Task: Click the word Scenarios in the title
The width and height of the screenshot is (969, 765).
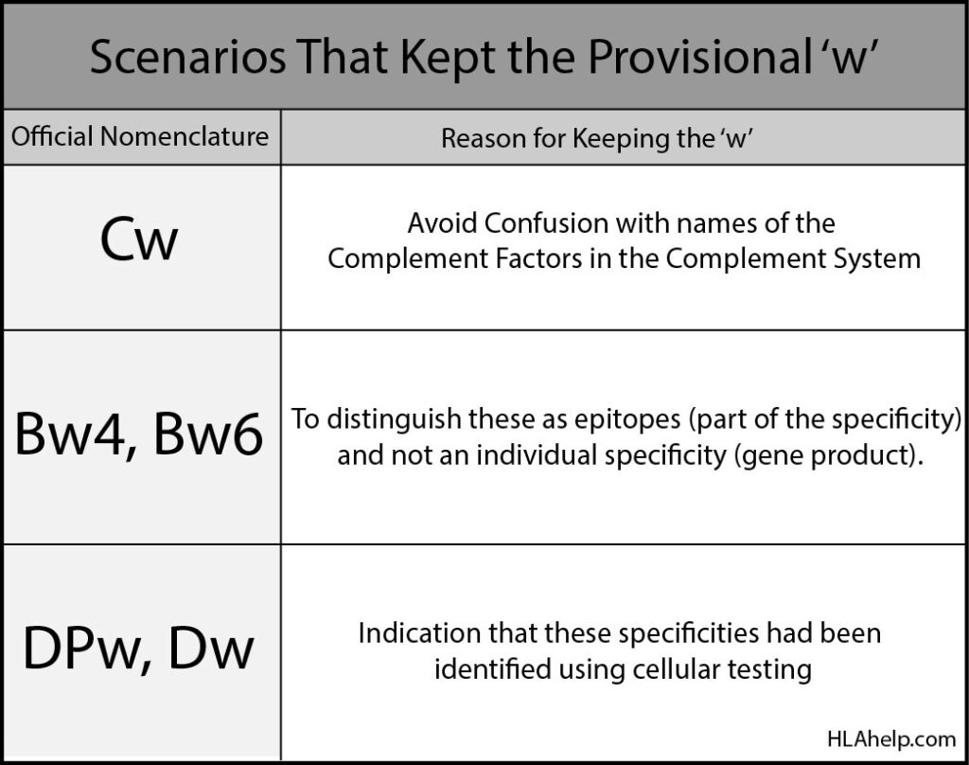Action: (x=188, y=57)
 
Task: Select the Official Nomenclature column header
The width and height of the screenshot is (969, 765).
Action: (x=140, y=136)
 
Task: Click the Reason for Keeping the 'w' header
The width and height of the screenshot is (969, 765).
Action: (x=597, y=138)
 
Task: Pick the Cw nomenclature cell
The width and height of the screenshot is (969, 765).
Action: (x=139, y=240)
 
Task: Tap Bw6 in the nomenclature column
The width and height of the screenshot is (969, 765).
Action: (x=208, y=434)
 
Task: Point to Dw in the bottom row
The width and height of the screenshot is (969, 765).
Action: (x=210, y=648)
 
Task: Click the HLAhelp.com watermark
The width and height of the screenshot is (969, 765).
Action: (x=891, y=739)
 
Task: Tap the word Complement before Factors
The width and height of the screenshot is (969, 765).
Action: (x=408, y=258)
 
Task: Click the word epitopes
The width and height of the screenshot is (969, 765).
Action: (x=627, y=419)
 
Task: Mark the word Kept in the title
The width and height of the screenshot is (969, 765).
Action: (x=448, y=57)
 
